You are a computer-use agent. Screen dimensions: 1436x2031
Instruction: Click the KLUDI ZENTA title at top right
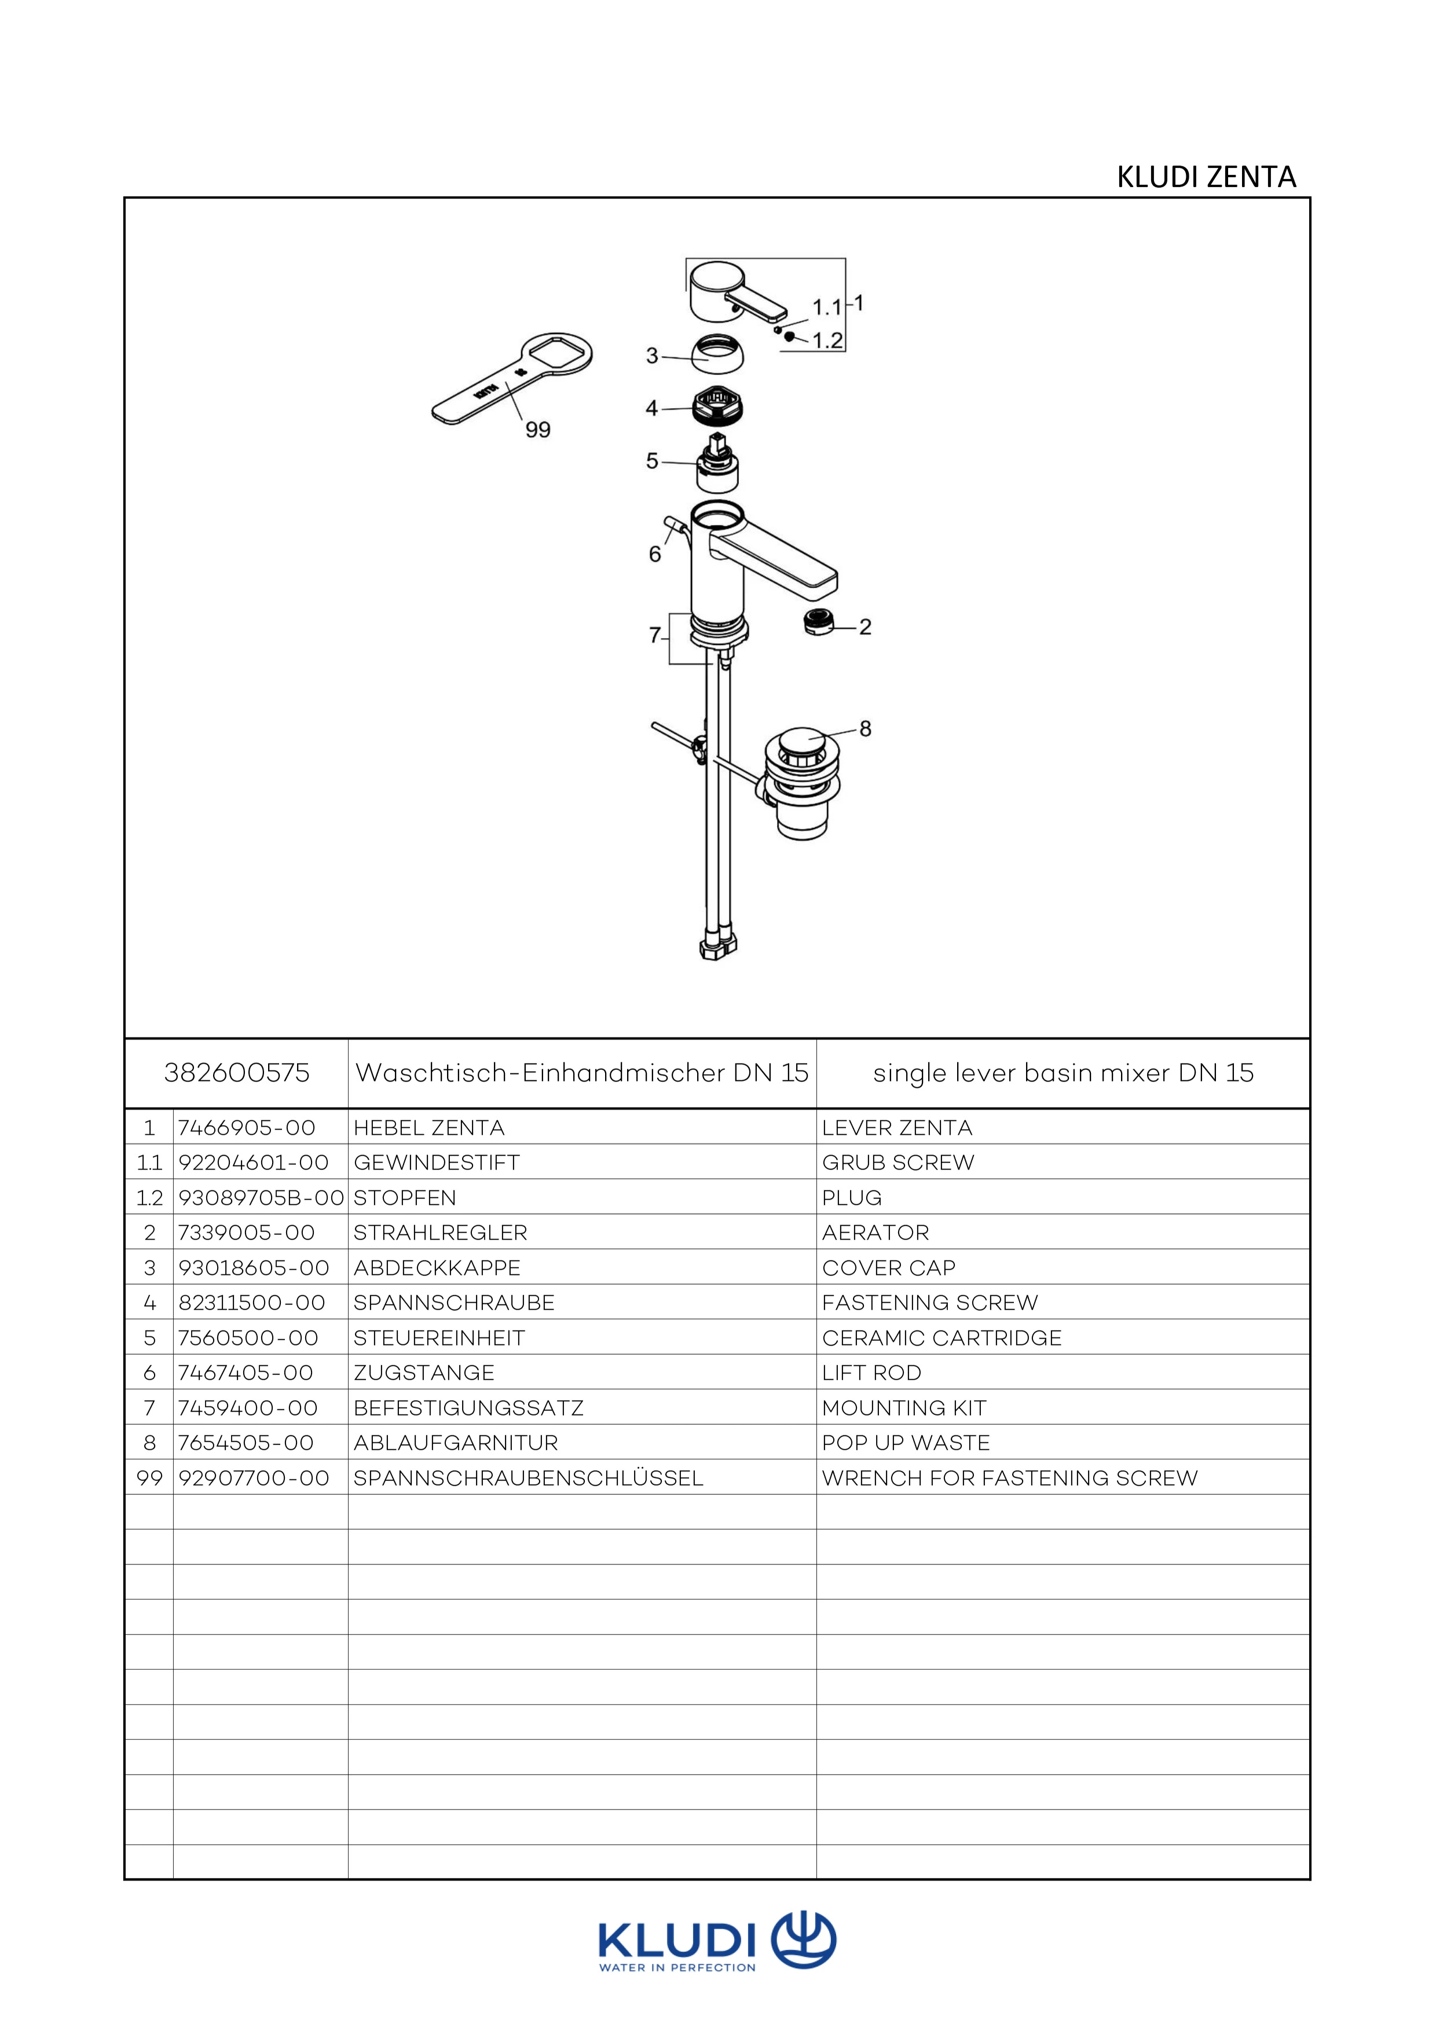[x=1206, y=177]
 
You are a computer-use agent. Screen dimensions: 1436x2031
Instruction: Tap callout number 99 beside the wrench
[x=538, y=430]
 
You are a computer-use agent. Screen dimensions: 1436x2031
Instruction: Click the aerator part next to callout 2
[x=818, y=623]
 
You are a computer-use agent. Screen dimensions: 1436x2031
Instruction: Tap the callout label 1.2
[x=827, y=340]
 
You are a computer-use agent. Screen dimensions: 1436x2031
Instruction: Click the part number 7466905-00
[x=247, y=1128]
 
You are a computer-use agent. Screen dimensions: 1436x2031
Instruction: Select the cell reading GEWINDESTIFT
[x=436, y=1163]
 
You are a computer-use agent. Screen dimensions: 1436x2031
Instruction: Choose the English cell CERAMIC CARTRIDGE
[x=942, y=1337]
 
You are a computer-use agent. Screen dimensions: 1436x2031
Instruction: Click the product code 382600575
[x=237, y=1073]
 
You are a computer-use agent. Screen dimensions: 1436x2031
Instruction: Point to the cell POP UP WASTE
[x=906, y=1443]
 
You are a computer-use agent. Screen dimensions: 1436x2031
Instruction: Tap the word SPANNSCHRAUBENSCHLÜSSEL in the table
[x=528, y=1478]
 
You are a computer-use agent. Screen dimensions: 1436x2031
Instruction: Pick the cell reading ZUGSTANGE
[x=424, y=1373]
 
